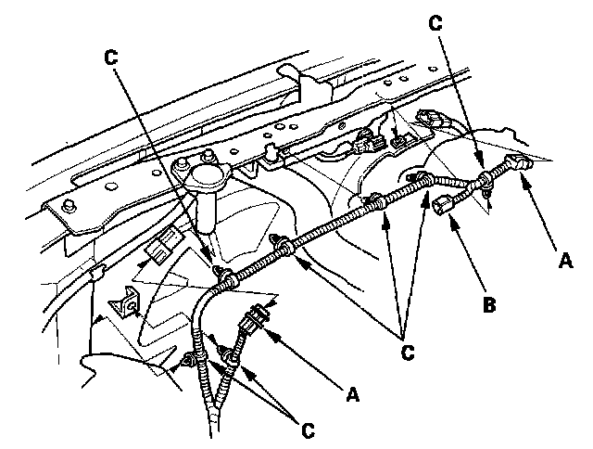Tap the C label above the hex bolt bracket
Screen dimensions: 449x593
[x=112, y=56]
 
